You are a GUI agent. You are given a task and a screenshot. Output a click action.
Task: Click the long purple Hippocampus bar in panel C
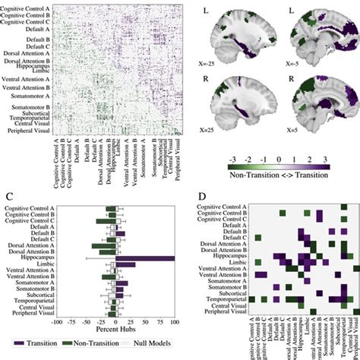[x=144, y=258]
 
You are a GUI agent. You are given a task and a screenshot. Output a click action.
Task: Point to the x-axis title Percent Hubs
[x=115, y=331]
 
